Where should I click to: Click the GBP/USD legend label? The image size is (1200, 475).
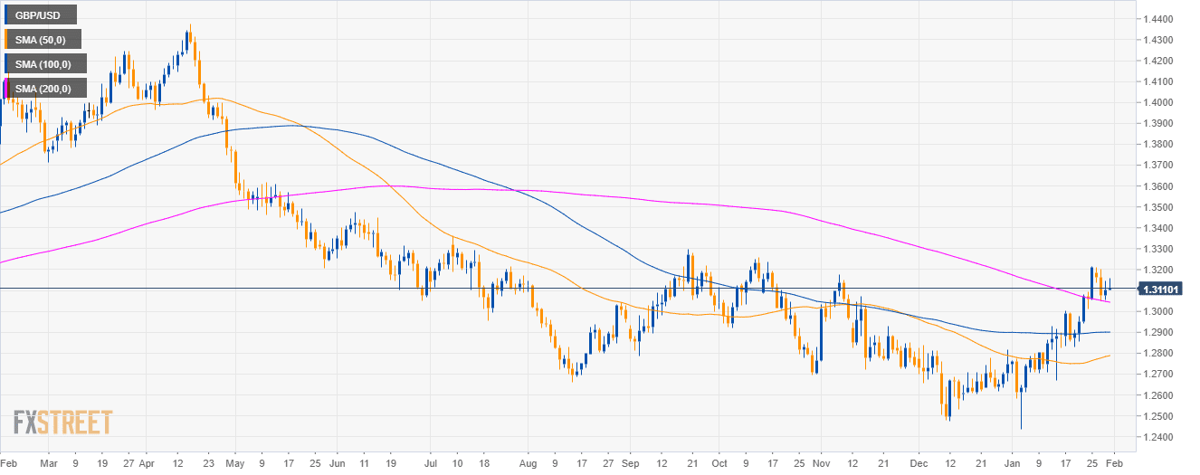(x=39, y=14)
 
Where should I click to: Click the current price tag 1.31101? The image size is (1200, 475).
(x=1159, y=289)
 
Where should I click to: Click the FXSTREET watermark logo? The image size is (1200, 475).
(x=62, y=423)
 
